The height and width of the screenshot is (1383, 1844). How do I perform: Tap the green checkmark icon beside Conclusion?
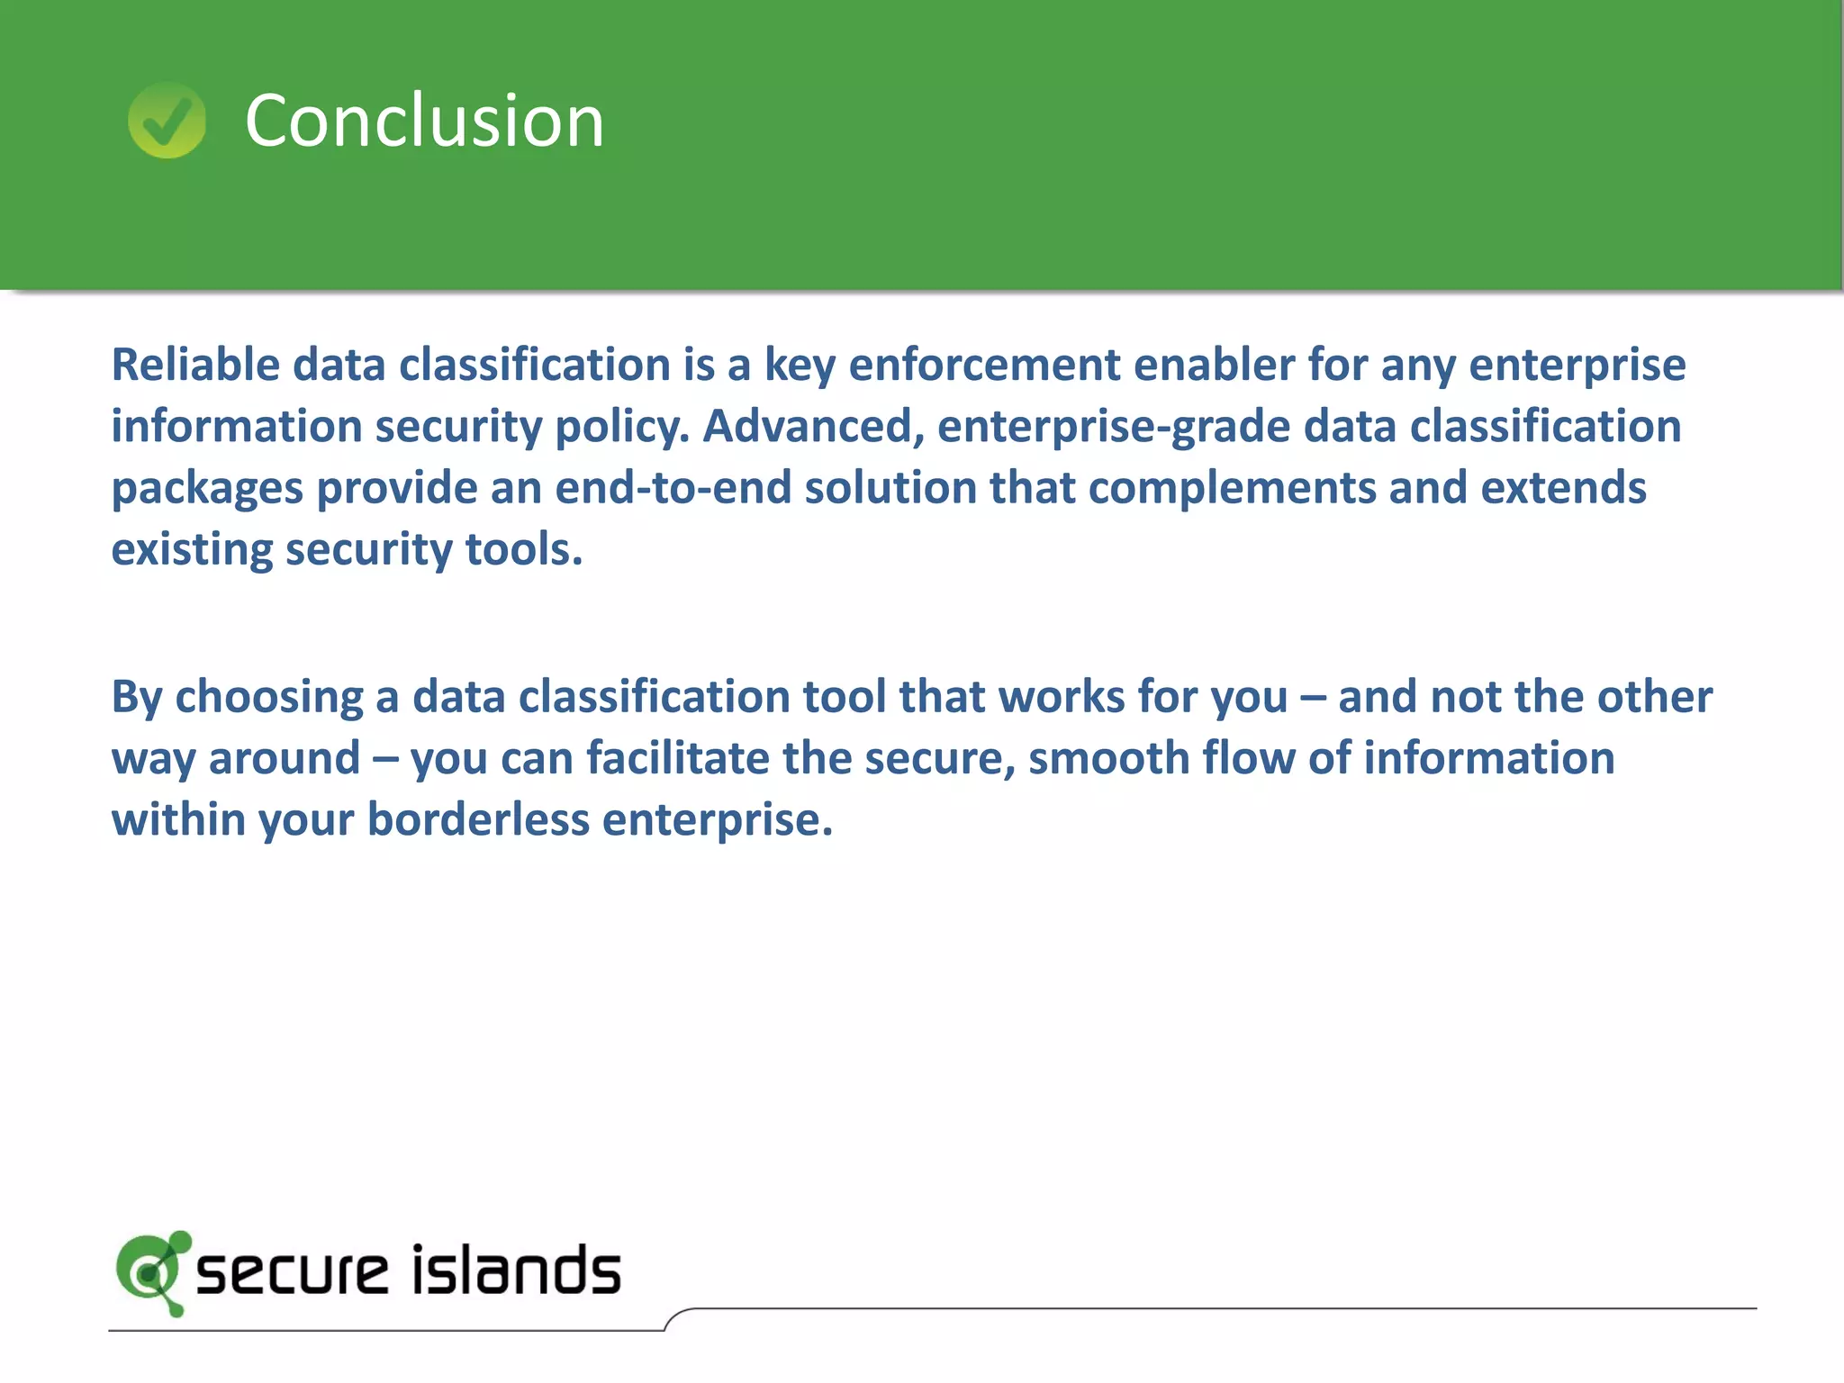pos(167,121)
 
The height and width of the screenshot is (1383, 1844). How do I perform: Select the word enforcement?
pos(984,365)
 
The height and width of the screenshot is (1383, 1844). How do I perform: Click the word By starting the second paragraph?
pos(137,697)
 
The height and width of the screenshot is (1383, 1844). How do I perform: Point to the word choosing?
pos(268,697)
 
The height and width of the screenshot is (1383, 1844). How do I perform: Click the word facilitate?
pos(678,758)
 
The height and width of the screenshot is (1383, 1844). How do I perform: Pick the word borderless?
pos(478,819)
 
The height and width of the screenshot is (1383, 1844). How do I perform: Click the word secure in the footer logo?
pos(291,1272)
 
